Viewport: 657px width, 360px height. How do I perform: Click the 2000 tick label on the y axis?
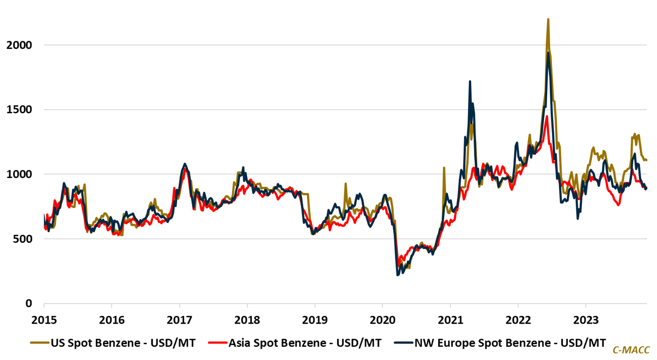tap(19, 45)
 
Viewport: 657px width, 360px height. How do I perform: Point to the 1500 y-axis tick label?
tap(19, 110)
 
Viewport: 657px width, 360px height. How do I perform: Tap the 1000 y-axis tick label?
tap(19, 174)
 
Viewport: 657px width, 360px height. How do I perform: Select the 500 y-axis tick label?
tap(23, 239)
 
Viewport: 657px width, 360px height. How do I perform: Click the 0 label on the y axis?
tap(29, 303)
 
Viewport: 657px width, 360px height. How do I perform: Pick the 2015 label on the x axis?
tap(44, 320)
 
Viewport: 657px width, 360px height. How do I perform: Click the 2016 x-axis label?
tap(112, 320)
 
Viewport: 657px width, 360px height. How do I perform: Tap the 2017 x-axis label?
tap(179, 320)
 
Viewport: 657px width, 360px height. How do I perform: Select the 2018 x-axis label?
tap(247, 320)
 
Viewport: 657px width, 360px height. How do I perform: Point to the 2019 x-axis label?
tap(315, 320)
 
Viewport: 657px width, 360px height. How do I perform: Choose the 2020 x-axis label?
tap(383, 320)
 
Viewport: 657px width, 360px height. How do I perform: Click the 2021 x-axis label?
tap(450, 320)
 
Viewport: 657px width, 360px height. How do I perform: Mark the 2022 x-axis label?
tap(518, 320)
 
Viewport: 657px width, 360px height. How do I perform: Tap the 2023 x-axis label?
tap(586, 320)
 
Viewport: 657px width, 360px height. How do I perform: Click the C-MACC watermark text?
tap(631, 350)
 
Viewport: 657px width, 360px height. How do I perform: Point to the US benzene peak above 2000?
tap(548, 20)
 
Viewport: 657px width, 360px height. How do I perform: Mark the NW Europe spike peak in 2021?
tap(470, 82)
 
